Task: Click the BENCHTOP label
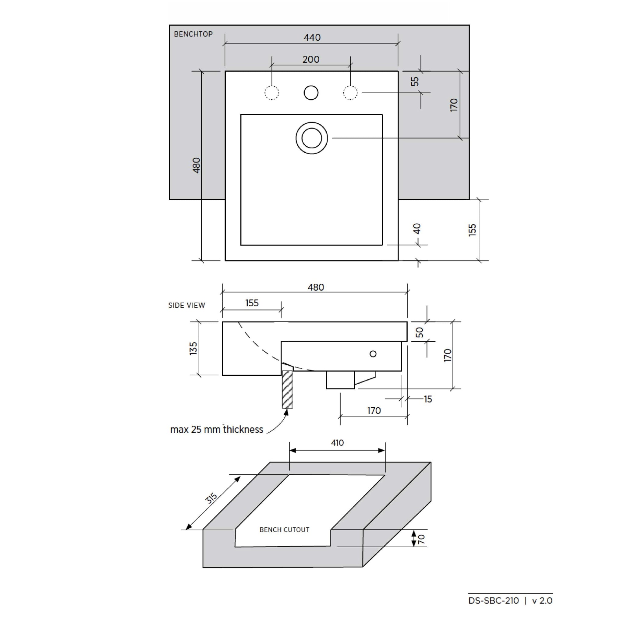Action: [x=193, y=34]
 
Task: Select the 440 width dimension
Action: [x=312, y=38]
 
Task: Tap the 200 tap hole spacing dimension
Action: [x=311, y=59]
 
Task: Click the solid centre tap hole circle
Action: [x=311, y=93]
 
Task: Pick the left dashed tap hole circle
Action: [x=271, y=93]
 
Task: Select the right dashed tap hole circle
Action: [x=350, y=93]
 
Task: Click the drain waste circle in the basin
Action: [x=312, y=138]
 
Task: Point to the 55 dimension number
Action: [x=415, y=81]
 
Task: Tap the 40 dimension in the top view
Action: [x=417, y=229]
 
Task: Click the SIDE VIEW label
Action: [x=187, y=305]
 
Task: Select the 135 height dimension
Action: [x=193, y=349]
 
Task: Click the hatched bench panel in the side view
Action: [x=287, y=389]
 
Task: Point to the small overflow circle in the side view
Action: [x=373, y=354]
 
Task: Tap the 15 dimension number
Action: [x=428, y=399]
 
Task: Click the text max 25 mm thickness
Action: [x=216, y=430]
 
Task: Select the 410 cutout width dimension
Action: [x=337, y=443]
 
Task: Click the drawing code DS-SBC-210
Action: [x=494, y=601]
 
